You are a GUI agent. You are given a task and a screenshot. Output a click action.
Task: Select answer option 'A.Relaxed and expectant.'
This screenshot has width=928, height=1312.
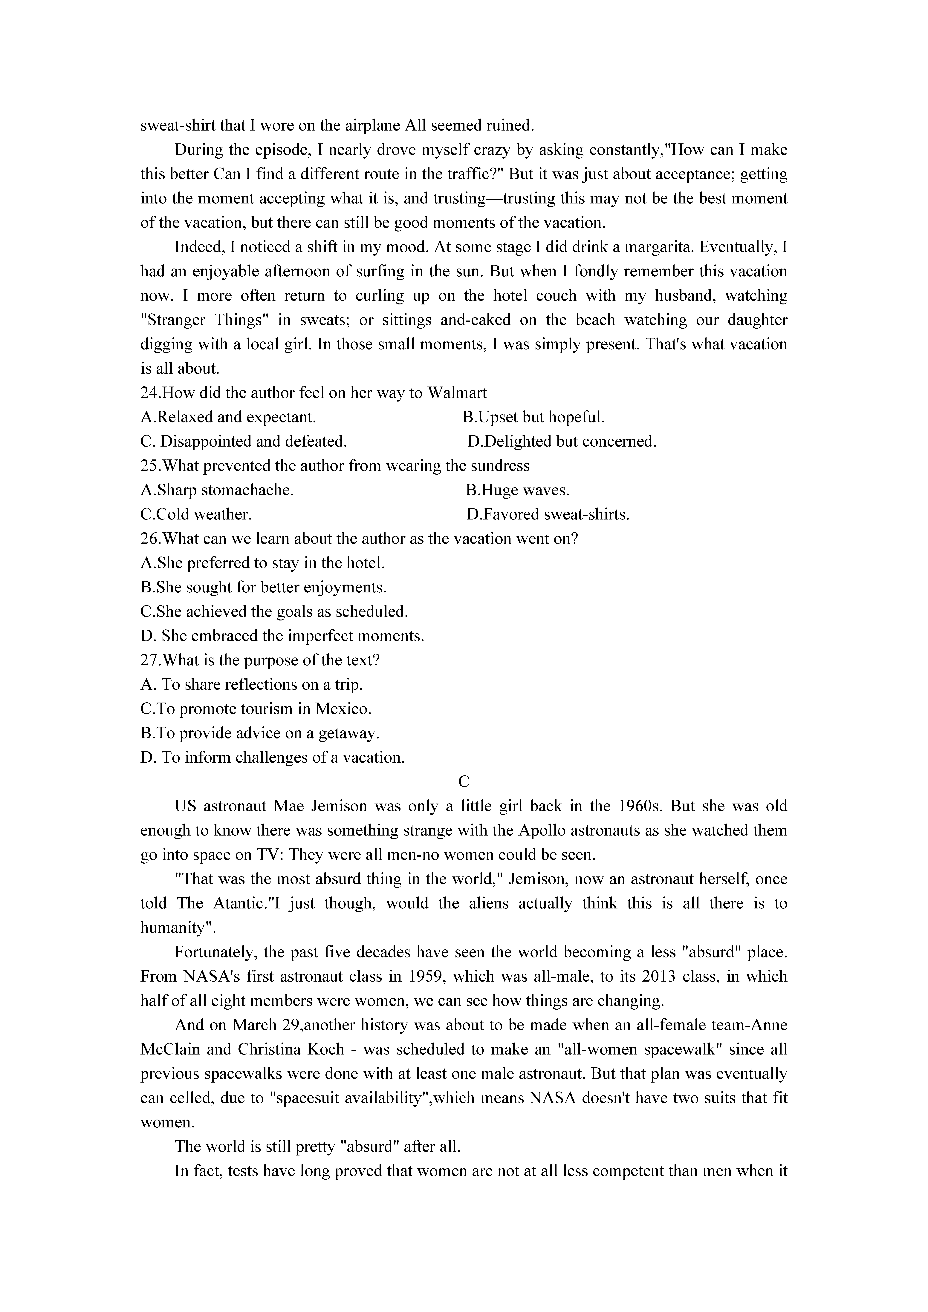pyautogui.click(x=228, y=417)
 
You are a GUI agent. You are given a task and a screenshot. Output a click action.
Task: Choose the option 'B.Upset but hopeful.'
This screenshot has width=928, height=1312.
pyautogui.click(x=533, y=417)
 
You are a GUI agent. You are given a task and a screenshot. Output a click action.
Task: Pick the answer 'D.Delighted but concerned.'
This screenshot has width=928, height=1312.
pyautogui.click(x=562, y=442)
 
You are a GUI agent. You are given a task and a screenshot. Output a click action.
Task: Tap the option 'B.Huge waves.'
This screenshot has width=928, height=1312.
pyautogui.click(x=517, y=490)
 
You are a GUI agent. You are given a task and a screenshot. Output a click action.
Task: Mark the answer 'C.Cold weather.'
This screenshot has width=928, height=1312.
pyautogui.click(x=195, y=514)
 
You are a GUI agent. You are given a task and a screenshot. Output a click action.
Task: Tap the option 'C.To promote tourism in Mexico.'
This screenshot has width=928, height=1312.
pyautogui.click(x=256, y=709)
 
